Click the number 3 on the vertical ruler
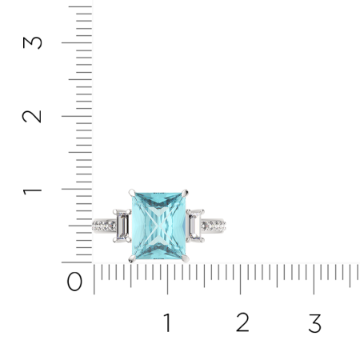point(33,42)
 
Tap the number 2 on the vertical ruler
point(32,116)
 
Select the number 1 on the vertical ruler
point(32,191)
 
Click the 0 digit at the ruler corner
point(74,282)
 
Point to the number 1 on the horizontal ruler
point(167,322)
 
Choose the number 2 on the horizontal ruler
point(242,322)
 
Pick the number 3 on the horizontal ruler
point(315,323)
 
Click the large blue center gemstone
point(159,226)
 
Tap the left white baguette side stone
point(122,226)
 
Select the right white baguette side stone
point(195,226)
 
